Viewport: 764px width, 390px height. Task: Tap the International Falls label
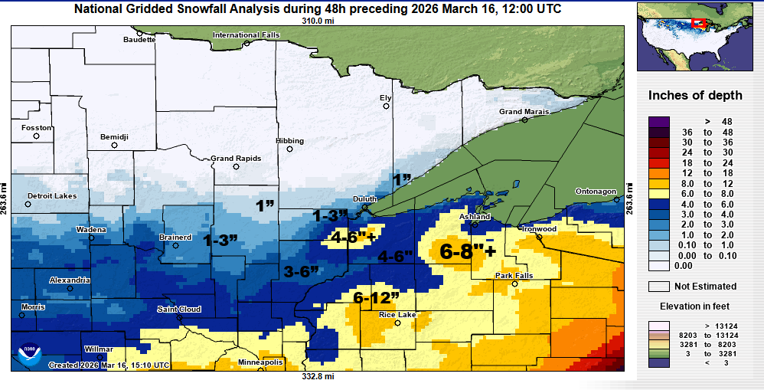(247, 35)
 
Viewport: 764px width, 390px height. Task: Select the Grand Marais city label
(524, 112)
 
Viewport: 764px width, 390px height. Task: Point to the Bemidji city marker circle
(114, 145)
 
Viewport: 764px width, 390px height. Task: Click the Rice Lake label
(398, 314)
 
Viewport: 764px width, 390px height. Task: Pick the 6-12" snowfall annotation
(376, 297)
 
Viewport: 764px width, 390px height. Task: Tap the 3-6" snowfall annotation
(302, 270)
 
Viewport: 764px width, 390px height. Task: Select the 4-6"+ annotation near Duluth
(353, 238)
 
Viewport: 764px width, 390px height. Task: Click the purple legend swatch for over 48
(658, 121)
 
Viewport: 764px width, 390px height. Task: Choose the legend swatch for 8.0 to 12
(658, 185)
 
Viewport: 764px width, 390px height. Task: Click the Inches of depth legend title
(695, 96)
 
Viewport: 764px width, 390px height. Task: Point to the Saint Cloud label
(178, 309)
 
